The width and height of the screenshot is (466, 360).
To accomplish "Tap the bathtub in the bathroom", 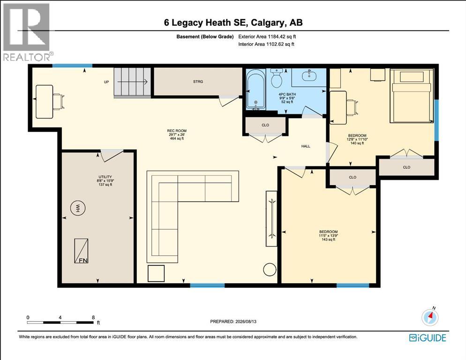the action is [x=256, y=90].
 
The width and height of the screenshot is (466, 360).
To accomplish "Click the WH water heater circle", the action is [x=77, y=208].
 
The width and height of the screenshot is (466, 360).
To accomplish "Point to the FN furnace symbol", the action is [x=81, y=251].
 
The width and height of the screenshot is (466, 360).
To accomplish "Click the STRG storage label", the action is [x=198, y=82].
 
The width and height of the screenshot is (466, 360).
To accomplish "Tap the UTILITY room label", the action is [x=105, y=177].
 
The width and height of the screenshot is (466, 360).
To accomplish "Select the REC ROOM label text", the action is [x=177, y=131].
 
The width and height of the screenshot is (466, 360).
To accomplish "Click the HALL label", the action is [x=306, y=146].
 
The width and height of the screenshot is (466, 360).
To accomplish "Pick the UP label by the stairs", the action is [x=106, y=82].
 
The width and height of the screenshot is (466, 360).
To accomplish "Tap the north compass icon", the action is [x=430, y=317].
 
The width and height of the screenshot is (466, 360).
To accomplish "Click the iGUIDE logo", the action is [x=428, y=337].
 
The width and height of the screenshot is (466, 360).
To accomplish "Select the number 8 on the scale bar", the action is [x=93, y=317].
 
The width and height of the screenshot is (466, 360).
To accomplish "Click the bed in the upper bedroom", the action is [x=412, y=96].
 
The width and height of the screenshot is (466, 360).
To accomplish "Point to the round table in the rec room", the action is [x=270, y=270].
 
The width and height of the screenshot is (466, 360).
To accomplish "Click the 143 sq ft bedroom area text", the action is [x=328, y=240].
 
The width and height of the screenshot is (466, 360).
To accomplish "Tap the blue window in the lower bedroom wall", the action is [x=353, y=285].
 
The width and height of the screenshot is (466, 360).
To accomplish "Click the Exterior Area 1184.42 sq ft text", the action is [x=267, y=37].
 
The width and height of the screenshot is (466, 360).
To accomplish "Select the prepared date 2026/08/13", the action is [x=246, y=322].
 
